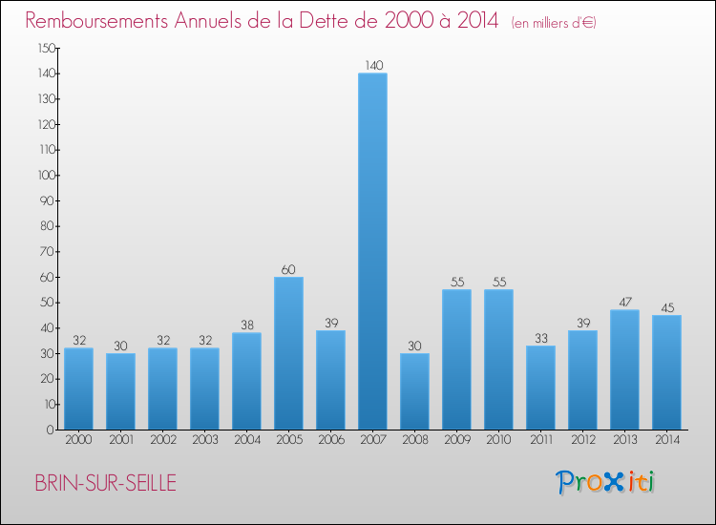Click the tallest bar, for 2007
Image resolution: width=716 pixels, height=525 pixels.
tap(372, 251)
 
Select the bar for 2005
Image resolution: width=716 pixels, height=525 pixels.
tap(288, 353)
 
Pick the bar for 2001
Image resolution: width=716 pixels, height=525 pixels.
tap(120, 391)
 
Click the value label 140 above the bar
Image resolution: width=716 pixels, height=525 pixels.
tap(372, 66)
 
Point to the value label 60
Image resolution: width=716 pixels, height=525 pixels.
tap(288, 270)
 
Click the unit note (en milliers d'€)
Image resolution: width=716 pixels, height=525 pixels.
tap(553, 23)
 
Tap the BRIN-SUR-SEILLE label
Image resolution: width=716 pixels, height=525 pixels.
tap(105, 483)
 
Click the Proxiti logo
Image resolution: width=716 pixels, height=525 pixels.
tap(605, 482)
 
